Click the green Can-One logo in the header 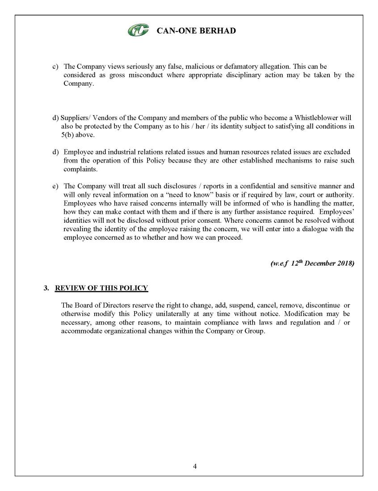pos(139,31)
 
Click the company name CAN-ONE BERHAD pos(196,31)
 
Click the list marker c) pos(56,67)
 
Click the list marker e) pos(56,186)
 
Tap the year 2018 pos(346,263)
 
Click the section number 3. pos(46,288)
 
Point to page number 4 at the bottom pos(195,466)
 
